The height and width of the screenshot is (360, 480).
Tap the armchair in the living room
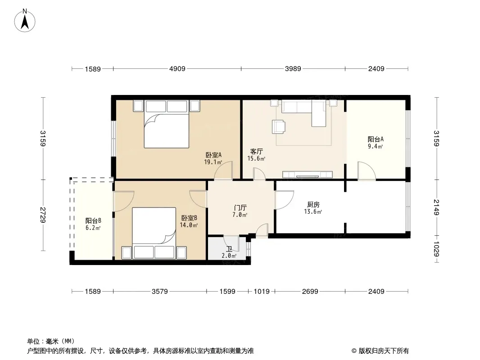[x=278, y=126]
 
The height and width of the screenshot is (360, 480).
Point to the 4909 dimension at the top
[x=177, y=69]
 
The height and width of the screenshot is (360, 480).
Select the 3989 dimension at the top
[x=293, y=69]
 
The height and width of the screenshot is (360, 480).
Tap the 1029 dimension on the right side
[x=436, y=248]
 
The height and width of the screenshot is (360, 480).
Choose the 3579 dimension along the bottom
[x=159, y=292]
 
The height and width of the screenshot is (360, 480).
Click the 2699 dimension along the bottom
[x=310, y=292]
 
